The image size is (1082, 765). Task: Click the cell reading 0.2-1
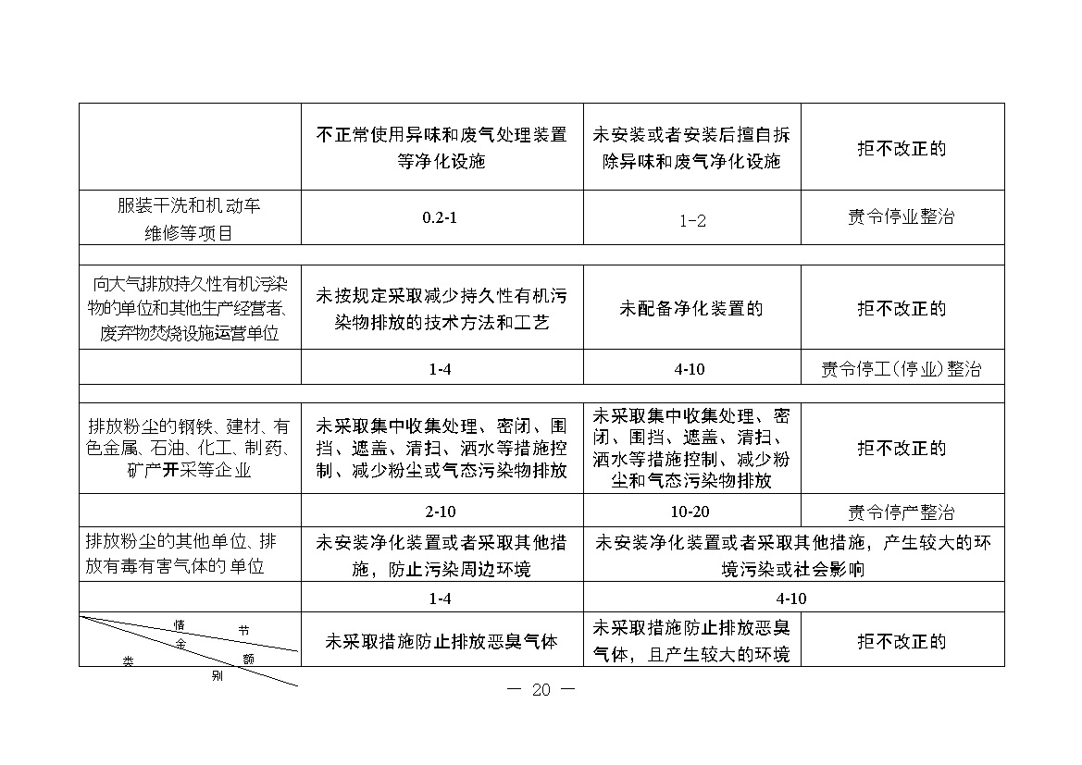[x=442, y=218]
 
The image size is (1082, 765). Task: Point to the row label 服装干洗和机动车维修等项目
[x=189, y=218]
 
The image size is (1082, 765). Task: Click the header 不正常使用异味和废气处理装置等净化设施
[x=442, y=147]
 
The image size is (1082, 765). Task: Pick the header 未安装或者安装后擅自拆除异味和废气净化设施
[x=691, y=147]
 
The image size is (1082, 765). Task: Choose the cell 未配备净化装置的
[x=691, y=309]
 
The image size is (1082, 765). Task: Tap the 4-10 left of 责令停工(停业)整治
[x=690, y=370]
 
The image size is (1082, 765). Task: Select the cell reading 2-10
[x=441, y=512]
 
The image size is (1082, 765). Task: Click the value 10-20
[x=690, y=512]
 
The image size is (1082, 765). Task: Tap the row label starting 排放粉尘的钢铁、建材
[x=189, y=449]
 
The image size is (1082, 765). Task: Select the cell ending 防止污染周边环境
[x=442, y=555]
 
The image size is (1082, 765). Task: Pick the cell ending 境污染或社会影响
[x=792, y=555]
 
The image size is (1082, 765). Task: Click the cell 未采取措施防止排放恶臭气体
[x=442, y=641]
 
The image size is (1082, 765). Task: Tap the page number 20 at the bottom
[x=541, y=690]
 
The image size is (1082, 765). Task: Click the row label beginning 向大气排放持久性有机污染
[x=189, y=308]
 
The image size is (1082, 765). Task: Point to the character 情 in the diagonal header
[x=180, y=625]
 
